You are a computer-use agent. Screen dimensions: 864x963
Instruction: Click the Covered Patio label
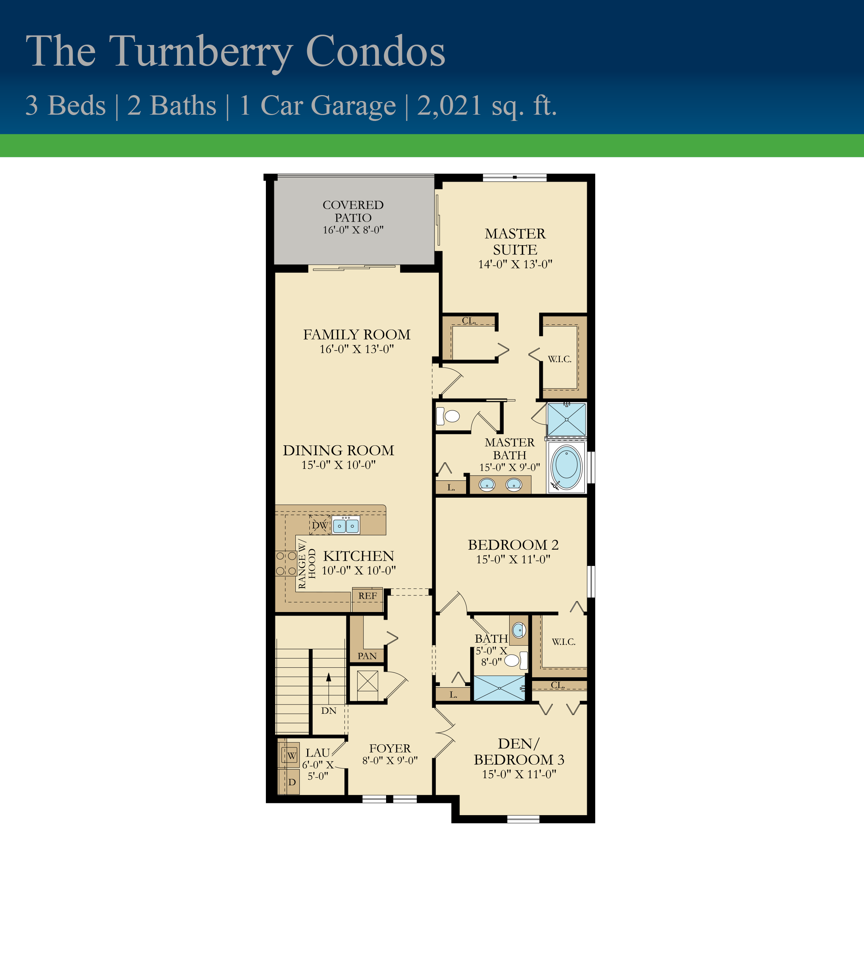353,211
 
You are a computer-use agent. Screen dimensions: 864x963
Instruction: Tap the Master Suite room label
515,241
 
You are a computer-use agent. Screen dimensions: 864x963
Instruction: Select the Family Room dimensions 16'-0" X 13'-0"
357,349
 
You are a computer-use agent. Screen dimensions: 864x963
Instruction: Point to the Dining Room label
339,451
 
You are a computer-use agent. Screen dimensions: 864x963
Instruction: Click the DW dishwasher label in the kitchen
320,525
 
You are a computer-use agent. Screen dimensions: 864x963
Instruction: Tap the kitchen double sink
346,525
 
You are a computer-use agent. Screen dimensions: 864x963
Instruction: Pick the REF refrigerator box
367,600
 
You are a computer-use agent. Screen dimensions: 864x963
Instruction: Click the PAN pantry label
367,656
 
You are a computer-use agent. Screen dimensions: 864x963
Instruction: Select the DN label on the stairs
329,710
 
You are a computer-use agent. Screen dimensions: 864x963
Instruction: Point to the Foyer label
390,748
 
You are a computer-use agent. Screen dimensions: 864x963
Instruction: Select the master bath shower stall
566,420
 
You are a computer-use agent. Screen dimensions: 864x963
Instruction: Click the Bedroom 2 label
513,545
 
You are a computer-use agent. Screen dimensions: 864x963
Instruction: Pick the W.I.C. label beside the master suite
560,359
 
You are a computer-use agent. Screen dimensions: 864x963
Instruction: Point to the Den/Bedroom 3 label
519,751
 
